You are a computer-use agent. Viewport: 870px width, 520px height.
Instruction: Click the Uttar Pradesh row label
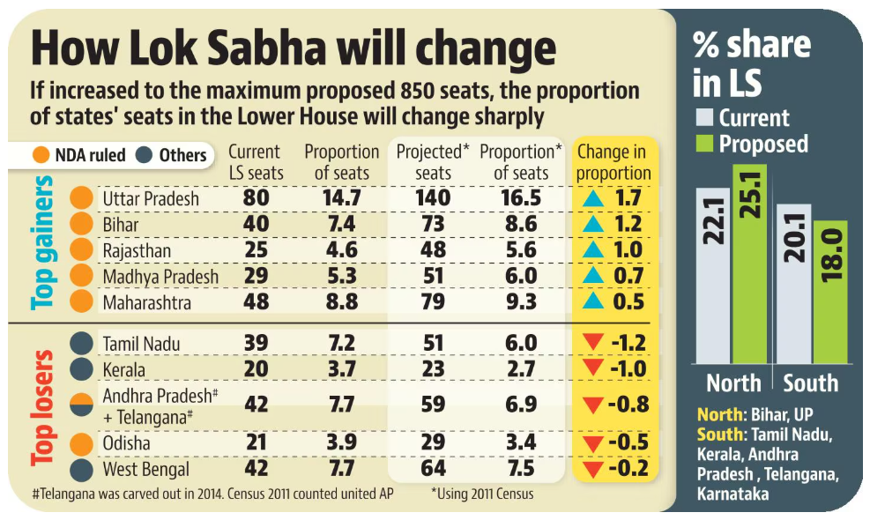[151, 198]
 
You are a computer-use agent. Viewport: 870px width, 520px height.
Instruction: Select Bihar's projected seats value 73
[433, 225]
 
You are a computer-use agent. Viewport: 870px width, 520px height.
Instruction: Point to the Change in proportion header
[613, 162]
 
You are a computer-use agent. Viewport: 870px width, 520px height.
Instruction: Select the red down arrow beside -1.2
[591, 343]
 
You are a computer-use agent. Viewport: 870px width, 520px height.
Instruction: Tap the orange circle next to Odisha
[82, 442]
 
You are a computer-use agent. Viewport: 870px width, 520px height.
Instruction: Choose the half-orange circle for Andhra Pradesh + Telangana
[82, 405]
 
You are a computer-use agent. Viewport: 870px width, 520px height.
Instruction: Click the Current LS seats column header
[255, 162]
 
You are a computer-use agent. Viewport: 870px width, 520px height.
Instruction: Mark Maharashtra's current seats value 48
[256, 302]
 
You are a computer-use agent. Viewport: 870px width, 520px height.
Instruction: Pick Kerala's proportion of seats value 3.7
[341, 368]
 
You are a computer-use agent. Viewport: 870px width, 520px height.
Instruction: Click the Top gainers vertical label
[43, 244]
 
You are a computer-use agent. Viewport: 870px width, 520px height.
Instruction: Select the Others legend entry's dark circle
[145, 156]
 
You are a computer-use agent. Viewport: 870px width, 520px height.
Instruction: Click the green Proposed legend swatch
[705, 145]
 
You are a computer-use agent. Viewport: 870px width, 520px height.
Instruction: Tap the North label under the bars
[733, 383]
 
